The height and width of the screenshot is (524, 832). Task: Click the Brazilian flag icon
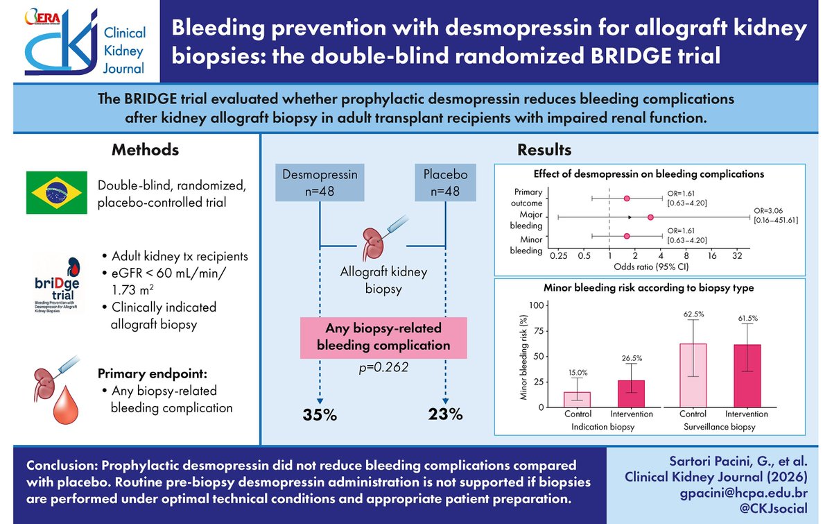58,192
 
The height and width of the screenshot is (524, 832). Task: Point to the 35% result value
319,415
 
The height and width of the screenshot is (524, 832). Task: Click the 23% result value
445,414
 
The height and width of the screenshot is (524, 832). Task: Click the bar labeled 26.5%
631,392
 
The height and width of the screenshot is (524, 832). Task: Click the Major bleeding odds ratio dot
650,217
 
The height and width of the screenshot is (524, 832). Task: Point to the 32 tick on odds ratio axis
737,255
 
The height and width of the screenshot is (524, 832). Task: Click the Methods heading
146,150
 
